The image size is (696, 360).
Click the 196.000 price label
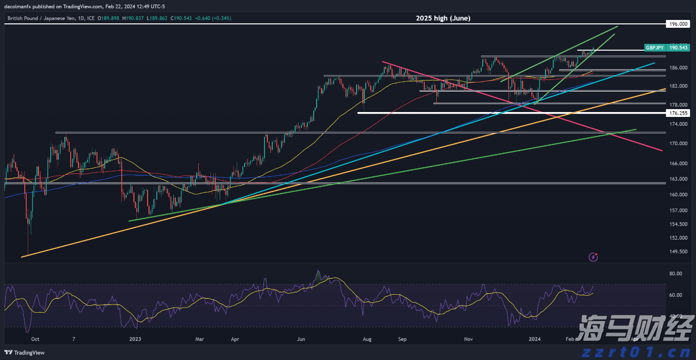tap(678, 23)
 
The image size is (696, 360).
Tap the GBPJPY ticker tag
tap(654, 48)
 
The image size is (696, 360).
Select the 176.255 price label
tap(678, 113)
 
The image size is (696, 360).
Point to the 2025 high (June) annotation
tap(443, 18)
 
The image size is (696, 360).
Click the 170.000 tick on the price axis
tap(678, 144)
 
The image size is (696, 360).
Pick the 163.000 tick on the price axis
tap(678, 179)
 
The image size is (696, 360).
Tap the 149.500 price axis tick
tap(678, 252)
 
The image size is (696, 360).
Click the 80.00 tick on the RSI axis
tap(676, 274)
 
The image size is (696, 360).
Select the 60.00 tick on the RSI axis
tap(676, 295)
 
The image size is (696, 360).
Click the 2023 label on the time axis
tap(135, 339)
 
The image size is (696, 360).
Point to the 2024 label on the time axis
tap(535, 339)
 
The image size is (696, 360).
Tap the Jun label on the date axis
tap(301, 339)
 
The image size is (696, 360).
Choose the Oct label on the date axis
tap(35, 339)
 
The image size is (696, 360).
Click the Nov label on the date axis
tap(469, 339)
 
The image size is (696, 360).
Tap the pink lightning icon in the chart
tap(593, 256)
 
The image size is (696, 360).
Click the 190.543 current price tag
tap(678, 48)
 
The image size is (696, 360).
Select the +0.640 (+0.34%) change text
tap(214, 18)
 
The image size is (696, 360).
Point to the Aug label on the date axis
tap(367, 339)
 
